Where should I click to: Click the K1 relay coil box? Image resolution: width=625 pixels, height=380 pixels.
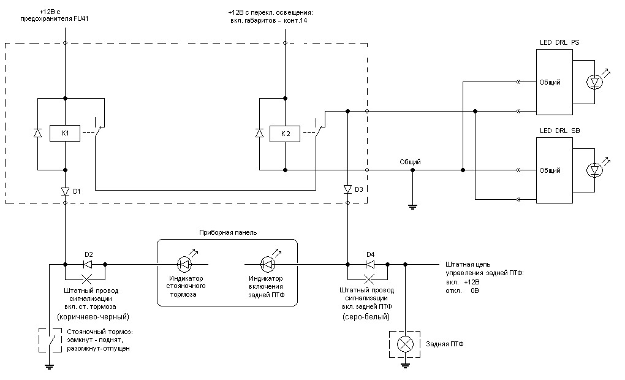pos(65,133)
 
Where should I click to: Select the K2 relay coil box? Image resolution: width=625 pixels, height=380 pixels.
pos(285,134)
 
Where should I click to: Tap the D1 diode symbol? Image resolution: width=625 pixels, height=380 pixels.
pos(66,191)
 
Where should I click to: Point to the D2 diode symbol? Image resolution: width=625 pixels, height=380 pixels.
pos(87,264)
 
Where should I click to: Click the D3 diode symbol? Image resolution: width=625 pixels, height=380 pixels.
pos(347,189)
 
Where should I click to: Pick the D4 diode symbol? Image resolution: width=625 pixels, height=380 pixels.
pos(369,264)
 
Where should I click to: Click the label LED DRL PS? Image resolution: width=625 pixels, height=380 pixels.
pos(559,42)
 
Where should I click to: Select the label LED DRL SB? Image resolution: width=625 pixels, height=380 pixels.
pos(559,131)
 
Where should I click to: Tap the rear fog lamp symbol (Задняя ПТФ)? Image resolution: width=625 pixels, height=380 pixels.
pos(405,344)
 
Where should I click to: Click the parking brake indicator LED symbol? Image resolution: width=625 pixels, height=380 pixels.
pos(184,264)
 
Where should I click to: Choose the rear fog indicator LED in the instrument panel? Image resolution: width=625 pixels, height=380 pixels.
pos(267,264)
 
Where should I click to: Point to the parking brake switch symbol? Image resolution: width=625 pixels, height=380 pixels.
pos(50,340)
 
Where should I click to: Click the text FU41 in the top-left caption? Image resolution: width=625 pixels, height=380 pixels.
pos(81,18)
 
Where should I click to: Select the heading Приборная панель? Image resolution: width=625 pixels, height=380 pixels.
pos(228,232)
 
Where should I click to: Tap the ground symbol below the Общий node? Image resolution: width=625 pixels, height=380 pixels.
pos(412,207)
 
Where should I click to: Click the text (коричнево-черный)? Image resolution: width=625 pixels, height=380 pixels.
pos(93,317)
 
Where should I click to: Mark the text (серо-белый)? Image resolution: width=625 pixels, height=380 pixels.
pos(366,317)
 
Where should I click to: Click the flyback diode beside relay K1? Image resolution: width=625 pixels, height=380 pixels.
pos(37,133)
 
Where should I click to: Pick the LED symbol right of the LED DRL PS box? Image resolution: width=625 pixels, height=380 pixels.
pos(595,82)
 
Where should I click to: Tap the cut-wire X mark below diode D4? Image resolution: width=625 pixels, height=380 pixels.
pos(369,279)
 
